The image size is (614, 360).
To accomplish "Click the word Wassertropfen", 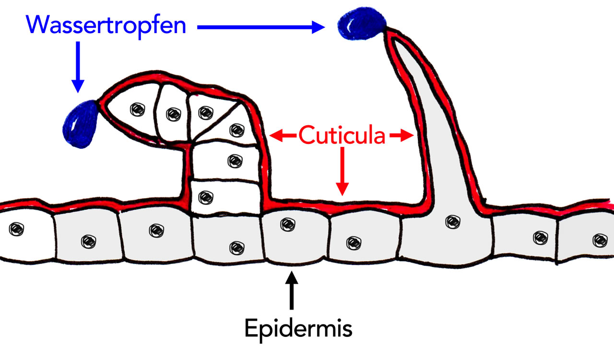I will [106, 25].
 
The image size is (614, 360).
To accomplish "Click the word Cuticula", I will [342, 136].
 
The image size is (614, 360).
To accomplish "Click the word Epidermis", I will [298, 329].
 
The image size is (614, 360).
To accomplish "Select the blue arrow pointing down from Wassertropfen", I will [77, 67].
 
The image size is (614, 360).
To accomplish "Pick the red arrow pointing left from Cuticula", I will [283, 136].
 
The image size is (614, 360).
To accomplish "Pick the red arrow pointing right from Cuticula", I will [401, 136].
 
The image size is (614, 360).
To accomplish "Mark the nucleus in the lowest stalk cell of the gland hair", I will [205, 196].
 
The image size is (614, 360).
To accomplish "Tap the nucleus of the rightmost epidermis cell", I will [598, 239].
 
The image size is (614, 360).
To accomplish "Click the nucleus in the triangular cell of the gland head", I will [236, 129].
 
